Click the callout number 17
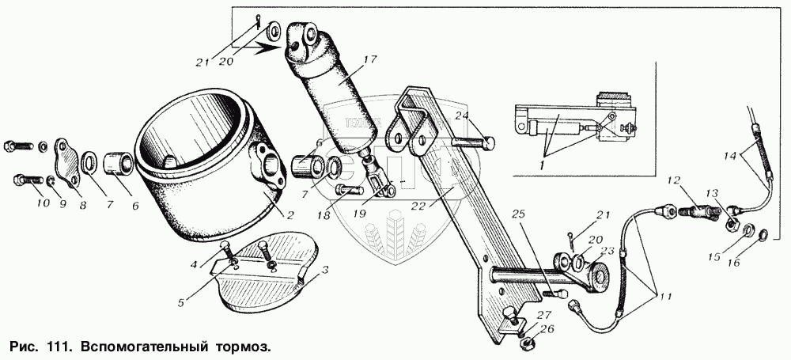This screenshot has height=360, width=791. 369,59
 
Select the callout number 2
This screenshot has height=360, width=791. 290,216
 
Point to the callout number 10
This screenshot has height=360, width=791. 43,203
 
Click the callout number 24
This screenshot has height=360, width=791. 463,116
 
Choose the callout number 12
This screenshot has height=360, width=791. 675,180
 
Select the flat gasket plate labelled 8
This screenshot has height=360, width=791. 69,163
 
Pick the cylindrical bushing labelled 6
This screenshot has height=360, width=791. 118,165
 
